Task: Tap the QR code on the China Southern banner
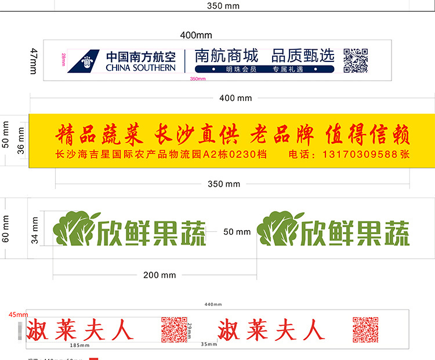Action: point(356,60)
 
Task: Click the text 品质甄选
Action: point(303,56)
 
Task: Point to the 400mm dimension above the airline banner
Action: point(196,35)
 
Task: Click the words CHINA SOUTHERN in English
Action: point(140,68)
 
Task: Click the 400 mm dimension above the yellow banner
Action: point(235,99)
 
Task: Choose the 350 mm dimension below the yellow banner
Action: point(224,184)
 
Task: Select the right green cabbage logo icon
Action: point(277,227)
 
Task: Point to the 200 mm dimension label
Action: point(159,275)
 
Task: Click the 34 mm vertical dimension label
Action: point(35,230)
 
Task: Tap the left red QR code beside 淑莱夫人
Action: point(174,330)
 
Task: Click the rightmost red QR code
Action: point(365,330)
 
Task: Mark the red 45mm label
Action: point(18,315)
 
